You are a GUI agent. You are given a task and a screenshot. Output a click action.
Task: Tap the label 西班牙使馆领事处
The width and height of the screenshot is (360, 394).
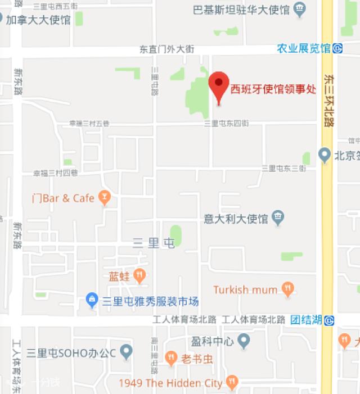[x=273, y=89]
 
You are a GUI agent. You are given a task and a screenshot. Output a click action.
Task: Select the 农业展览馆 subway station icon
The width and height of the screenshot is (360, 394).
[x=337, y=48]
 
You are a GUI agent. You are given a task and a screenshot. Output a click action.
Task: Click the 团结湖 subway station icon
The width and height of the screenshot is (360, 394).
[x=329, y=320]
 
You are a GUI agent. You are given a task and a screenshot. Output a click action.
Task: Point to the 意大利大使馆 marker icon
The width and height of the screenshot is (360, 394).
[x=277, y=217]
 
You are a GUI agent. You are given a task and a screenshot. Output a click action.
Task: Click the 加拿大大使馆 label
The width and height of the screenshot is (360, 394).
[x=38, y=20]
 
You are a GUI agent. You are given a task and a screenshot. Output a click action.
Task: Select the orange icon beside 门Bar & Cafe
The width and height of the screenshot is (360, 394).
[x=103, y=197]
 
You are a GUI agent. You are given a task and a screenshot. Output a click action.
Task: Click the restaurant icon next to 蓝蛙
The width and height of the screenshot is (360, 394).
[x=140, y=275]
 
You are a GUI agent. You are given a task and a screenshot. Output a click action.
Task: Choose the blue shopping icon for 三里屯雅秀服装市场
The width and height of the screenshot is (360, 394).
[x=92, y=301]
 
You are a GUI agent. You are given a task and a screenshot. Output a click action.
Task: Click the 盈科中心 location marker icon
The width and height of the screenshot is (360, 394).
[x=243, y=341]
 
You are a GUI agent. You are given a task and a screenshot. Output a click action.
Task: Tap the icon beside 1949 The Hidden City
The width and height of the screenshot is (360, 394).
[x=232, y=383]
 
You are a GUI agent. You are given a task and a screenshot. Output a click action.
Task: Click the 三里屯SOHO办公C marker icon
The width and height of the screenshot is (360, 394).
[x=127, y=352]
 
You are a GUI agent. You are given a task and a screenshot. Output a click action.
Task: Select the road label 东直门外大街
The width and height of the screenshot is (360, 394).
[x=166, y=49]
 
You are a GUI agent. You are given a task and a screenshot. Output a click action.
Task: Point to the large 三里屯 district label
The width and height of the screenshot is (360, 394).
[x=154, y=243]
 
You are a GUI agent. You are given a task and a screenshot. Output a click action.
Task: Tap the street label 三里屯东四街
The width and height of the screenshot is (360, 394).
[x=226, y=123]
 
